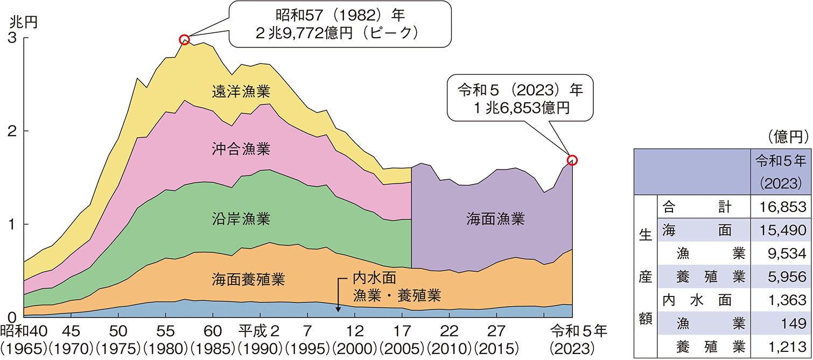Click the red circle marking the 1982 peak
tap(185, 39)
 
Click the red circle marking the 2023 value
tap(572, 160)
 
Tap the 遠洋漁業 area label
tap(240, 92)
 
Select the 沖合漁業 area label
tap(240, 148)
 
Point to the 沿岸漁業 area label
tap(240, 219)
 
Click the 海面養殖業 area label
tap(240, 279)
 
